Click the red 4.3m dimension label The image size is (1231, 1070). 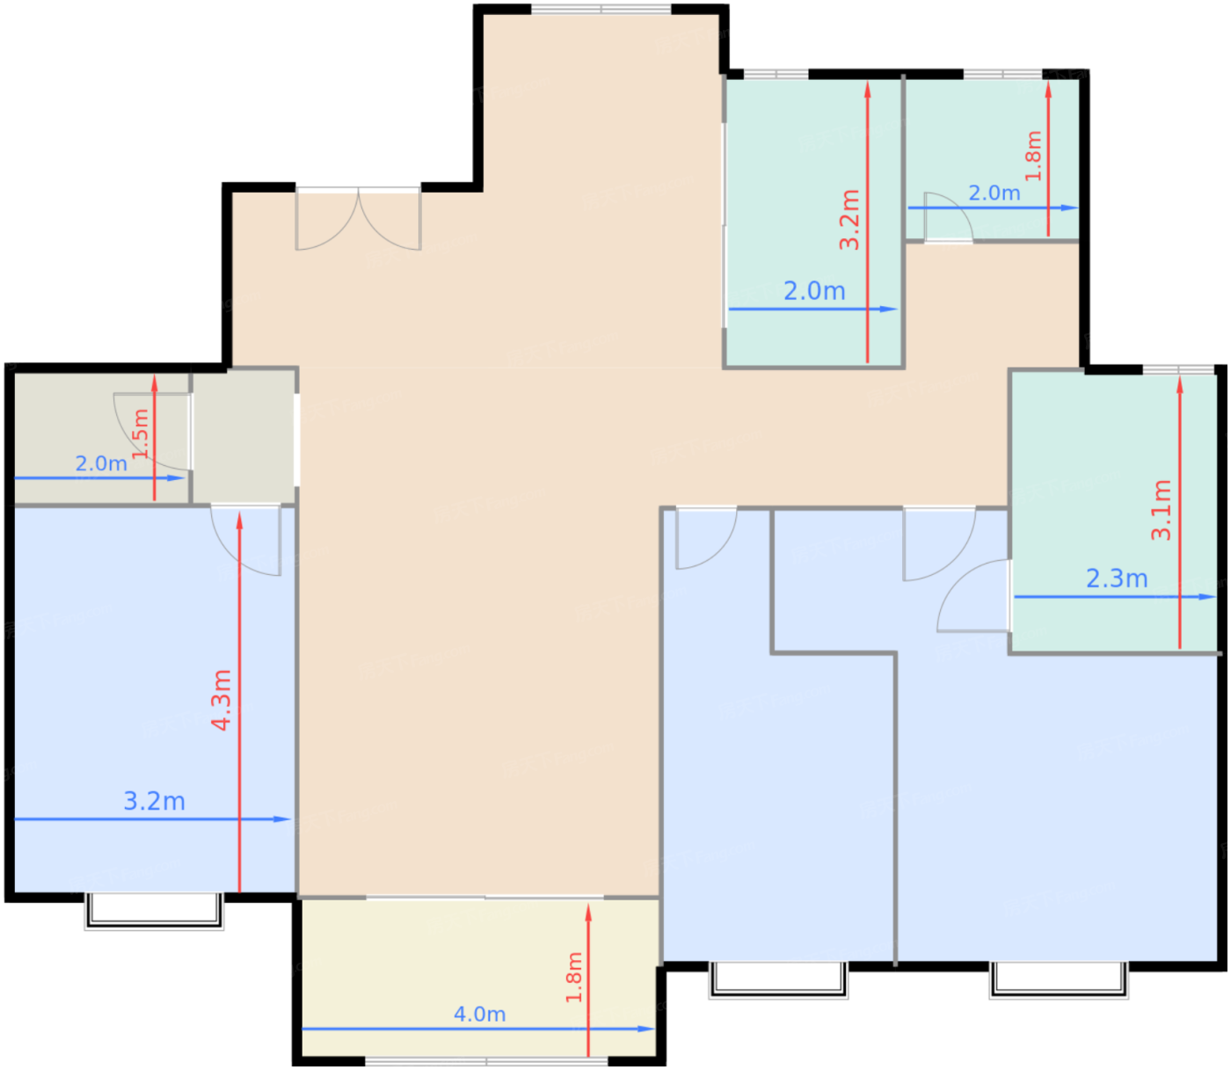[x=222, y=700]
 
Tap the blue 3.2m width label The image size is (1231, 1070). [x=154, y=801]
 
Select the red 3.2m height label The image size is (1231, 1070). [x=849, y=219]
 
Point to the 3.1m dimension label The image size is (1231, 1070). [x=1161, y=510]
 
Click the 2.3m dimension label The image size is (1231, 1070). [x=1117, y=578]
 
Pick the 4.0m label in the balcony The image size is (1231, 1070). [x=479, y=1014]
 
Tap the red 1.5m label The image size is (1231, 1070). [x=140, y=433]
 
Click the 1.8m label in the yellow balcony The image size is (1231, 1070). [x=574, y=978]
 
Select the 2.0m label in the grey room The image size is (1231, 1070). [x=101, y=463]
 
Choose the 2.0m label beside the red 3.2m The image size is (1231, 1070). [x=814, y=291]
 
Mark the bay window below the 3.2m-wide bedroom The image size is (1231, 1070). [x=154, y=911]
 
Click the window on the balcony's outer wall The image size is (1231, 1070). [x=486, y=1061]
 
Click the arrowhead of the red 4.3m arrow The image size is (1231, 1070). [x=239, y=520]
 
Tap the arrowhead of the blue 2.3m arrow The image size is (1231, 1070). [x=1207, y=597]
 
